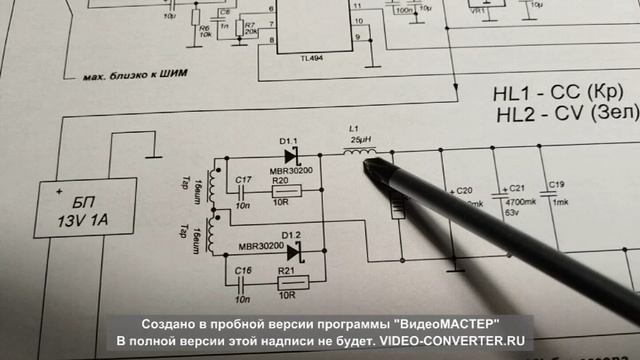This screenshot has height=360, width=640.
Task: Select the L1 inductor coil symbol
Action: coord(359,152)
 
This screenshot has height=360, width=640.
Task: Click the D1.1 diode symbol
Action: coord(292,156)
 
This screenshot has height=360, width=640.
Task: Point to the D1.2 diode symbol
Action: coord(292,246)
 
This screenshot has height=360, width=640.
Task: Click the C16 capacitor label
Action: coord(241,271)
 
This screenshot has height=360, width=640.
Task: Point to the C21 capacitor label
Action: coord(516,188)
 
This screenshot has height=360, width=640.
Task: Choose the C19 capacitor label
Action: coord(558,184)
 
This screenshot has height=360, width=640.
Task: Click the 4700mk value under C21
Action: coord(518,200)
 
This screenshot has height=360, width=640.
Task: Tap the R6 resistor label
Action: coord(205,28)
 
